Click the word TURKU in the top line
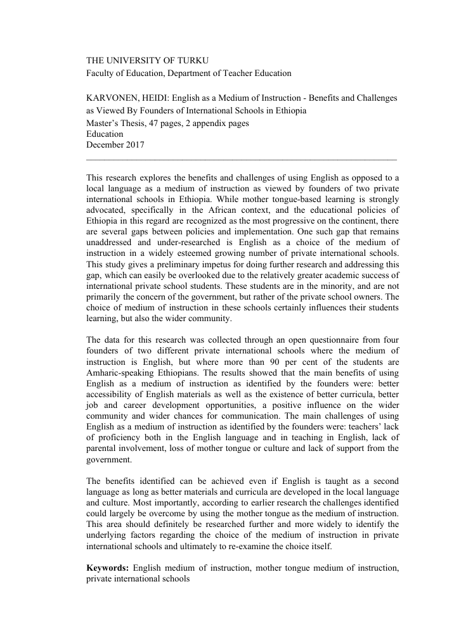click(192, 61)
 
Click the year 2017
click(134, 145)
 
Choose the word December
click(105, 145)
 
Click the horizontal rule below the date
click(241, 158)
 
